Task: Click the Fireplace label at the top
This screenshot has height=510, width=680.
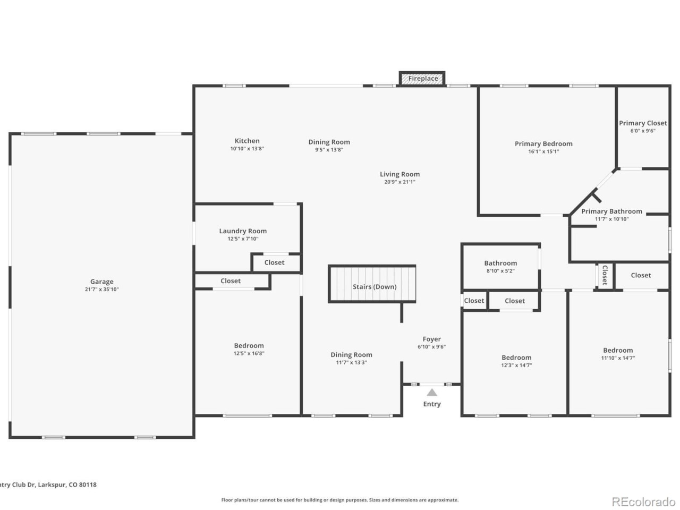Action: [x=423, y=78]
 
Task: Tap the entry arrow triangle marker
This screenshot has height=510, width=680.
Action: [x=431, y=393]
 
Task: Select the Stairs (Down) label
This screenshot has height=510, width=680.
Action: [x=375, y=287]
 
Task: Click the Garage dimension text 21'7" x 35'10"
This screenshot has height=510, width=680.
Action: [x=101, y=289]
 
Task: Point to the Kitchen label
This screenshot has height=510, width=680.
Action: [x=247, y=141]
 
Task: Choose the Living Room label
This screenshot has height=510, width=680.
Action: [x=399, y=174]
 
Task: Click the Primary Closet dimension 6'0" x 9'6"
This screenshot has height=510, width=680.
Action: [x=642, y=131]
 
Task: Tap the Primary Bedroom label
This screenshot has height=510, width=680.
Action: [x=543, y=143]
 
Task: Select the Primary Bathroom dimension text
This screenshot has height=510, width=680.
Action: [x=611, y=219]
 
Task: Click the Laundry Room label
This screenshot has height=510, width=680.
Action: [x=243, y=231]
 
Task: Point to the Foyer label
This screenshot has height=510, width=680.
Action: [x=431, y=339]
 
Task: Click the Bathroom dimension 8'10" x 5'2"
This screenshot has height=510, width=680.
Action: [x=500, y=270]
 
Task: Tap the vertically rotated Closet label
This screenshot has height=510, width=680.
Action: [x=605, y=275]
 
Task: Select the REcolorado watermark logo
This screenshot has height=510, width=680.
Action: [x=643, y=501]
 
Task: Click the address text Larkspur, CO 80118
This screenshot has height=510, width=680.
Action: [x=67, y=484]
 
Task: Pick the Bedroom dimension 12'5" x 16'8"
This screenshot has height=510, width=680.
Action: [x=249, y=353]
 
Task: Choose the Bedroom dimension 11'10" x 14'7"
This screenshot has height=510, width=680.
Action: [x=618, y=358]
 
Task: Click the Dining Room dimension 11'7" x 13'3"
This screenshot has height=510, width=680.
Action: [x=351, y=362]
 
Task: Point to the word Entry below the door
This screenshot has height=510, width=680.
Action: [x=431, y=404]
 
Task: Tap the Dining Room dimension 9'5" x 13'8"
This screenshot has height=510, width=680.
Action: [x=329, y=150]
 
